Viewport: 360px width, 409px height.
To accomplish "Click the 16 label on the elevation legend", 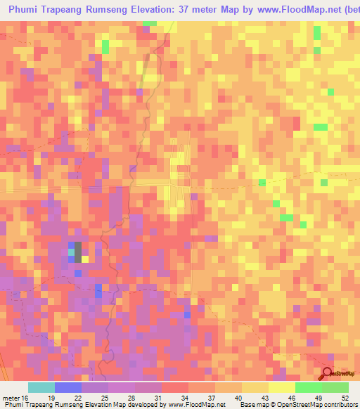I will click(25, 398).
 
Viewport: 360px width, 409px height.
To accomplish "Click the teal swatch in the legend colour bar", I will click(41, 387).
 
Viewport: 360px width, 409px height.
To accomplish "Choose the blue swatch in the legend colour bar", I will click(68, 387).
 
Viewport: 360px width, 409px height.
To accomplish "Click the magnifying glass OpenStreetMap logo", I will click(328, 374).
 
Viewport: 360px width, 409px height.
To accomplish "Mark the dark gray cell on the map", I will click(77, 251).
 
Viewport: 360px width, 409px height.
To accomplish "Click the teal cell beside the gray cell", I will click(71, 250).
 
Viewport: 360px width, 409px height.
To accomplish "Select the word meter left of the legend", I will click(10, 398).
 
